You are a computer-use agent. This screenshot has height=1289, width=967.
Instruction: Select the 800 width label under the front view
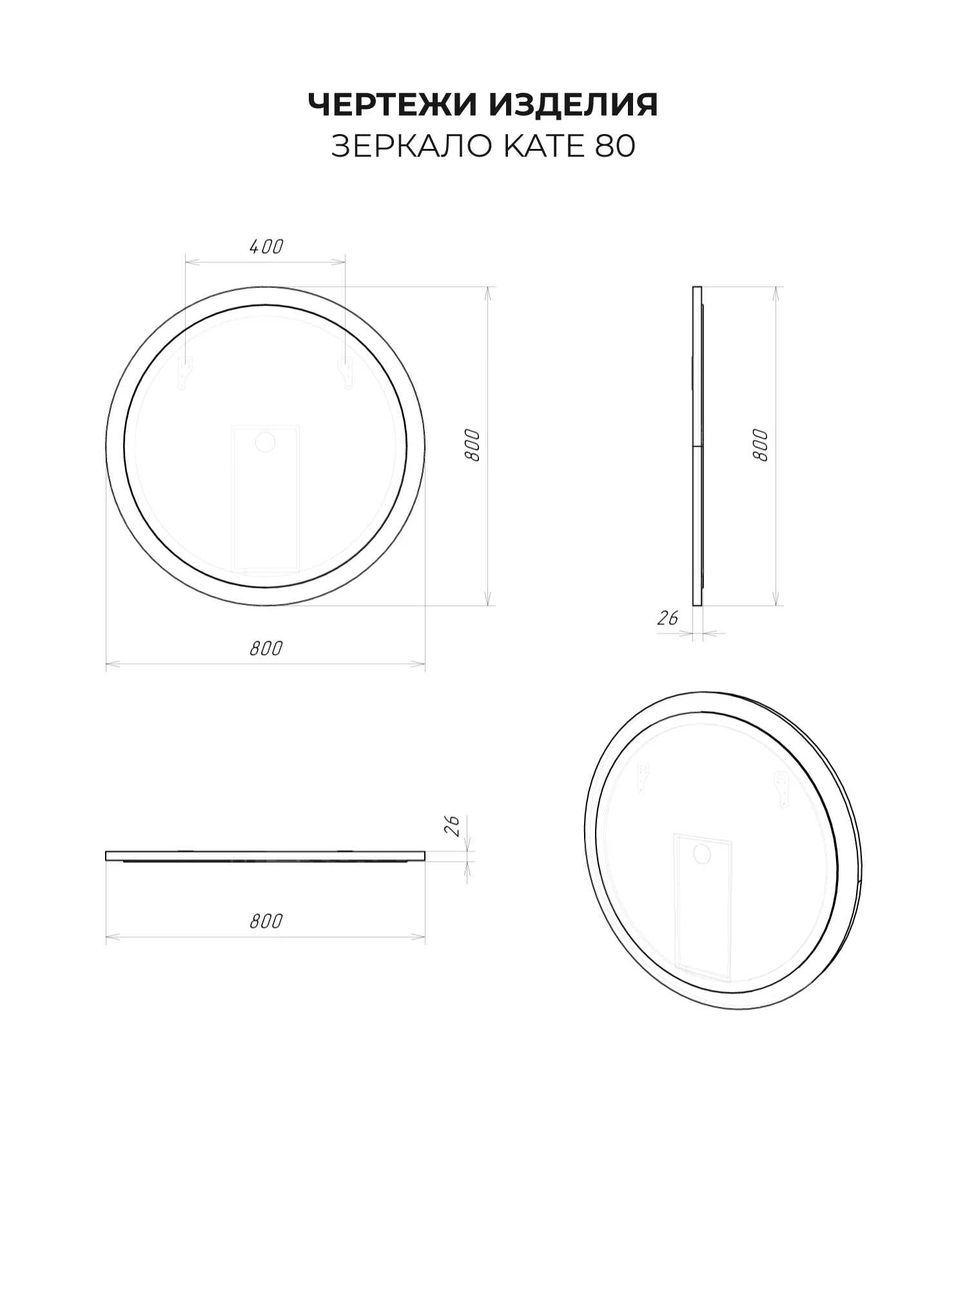pyautogui.click(x=266, y=648)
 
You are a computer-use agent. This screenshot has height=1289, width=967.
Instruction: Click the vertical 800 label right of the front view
pyautogui.click(x=473, y=445)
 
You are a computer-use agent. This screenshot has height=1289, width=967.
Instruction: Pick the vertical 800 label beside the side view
pyautogui.click(x=761, y=445)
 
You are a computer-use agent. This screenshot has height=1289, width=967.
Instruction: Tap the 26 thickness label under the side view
pyautogui.click(x=668, y=618)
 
